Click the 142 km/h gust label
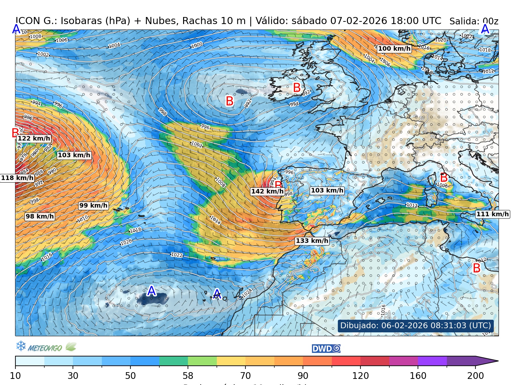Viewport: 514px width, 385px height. tap(267, 192)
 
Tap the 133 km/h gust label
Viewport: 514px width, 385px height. tap(312, 241)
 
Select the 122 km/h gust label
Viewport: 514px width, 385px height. tap(34, 139)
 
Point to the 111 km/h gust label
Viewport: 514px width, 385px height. tap(492, 214)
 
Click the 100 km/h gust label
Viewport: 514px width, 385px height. tap(394, 49)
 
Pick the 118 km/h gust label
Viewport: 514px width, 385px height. tap(17, 178)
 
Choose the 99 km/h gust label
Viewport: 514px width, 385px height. tap(93, 206)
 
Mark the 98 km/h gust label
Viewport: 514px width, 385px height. tap(40, 217)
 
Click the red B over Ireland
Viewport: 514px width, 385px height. tap(297, 88)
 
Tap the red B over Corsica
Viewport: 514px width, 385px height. tap(444, 177)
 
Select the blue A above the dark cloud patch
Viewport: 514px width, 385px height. tap(151, 291)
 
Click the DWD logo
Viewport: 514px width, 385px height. tap(326, 349)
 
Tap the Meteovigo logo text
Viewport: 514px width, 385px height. tap(45, 348)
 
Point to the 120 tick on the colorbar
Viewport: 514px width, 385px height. tap(360, 375)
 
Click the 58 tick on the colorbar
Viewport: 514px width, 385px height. tap(188, 375)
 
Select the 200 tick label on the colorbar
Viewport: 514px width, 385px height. tap(475, 375)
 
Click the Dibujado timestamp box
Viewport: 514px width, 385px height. tap(415, 326)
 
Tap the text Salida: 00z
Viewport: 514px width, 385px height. tap(474, 21)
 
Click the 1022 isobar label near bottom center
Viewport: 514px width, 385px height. tap(177, 255)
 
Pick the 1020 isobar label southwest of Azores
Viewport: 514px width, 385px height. tap(126, 242)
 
